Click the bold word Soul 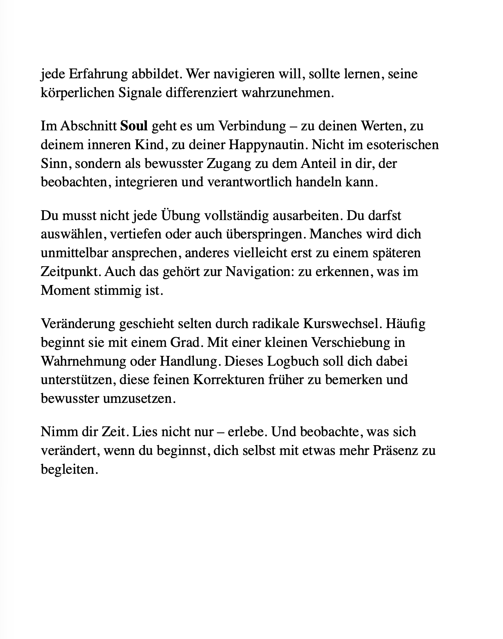[134, 126]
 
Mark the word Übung [179, 216]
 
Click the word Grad [186, 343]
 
